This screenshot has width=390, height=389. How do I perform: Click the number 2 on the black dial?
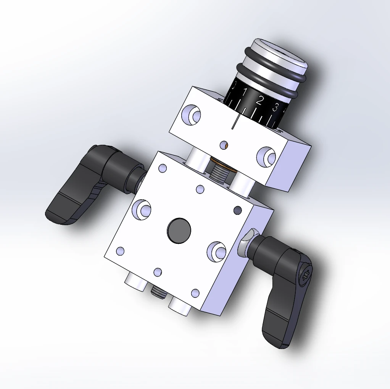click(260, 101)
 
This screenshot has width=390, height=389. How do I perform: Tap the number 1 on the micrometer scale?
click(245, 92)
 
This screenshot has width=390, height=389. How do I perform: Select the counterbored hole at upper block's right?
click(266, 156)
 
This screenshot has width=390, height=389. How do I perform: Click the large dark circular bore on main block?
click(179, 231)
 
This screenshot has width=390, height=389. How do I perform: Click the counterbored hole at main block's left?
click(142, 209)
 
